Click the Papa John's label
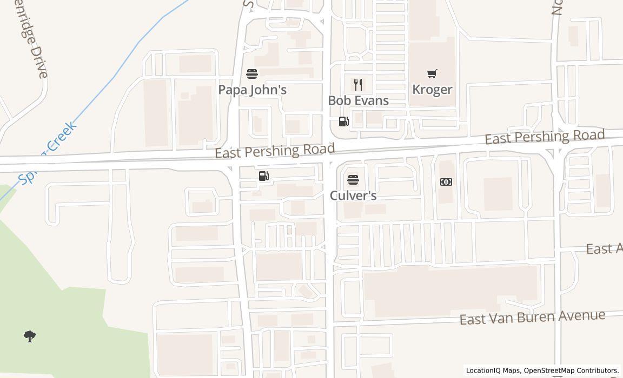[x=252, y=90]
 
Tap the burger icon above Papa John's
[x=252, y=73]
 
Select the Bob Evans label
[x=358, y=100]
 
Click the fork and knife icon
[x=357, y=84]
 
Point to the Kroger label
[x=432, y=89]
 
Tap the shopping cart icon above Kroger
[x=432, y=73]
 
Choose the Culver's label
[x=353, y=195]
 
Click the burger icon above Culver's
[x=353, y=179]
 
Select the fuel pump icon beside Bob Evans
[x=344, y=122]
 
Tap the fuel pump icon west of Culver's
[x=264, y=176]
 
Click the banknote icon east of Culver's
[x=446, y=182]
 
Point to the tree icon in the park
[x=30, y=336]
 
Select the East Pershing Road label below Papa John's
[x=275, y=151]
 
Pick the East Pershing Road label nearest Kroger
[x=544, y=137]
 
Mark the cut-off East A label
[x=605, y=248]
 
